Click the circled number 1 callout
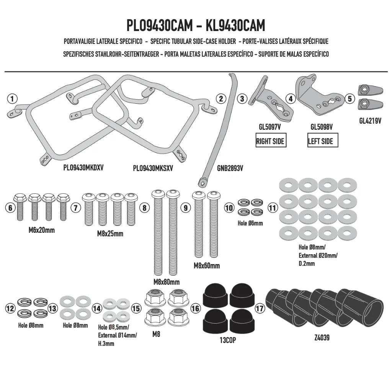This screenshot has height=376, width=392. tap(12, 99)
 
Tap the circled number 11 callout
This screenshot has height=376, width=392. tap(273, 208)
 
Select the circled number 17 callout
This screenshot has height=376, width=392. tap(260, 308)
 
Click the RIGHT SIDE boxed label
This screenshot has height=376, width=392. tap(271, 141)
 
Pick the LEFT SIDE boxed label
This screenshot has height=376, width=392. tap(322, 141)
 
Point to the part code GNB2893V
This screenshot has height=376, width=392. tap(230, 168)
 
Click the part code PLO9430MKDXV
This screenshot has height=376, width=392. tap(83, 168)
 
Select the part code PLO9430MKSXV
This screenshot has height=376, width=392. tap(153, 168)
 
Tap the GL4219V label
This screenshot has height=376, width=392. tap(370, 121)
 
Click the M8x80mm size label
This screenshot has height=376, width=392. tap(167, 282)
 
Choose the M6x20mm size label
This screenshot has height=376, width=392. tap(41, 230)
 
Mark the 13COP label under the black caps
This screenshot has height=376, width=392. tap(228, 340)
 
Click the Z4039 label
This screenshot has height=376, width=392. tap(322, 338)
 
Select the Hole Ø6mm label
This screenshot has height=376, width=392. tap(250, 223)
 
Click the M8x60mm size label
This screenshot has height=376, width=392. tap(207, 265)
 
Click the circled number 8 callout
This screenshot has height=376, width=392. tap(144, 208)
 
